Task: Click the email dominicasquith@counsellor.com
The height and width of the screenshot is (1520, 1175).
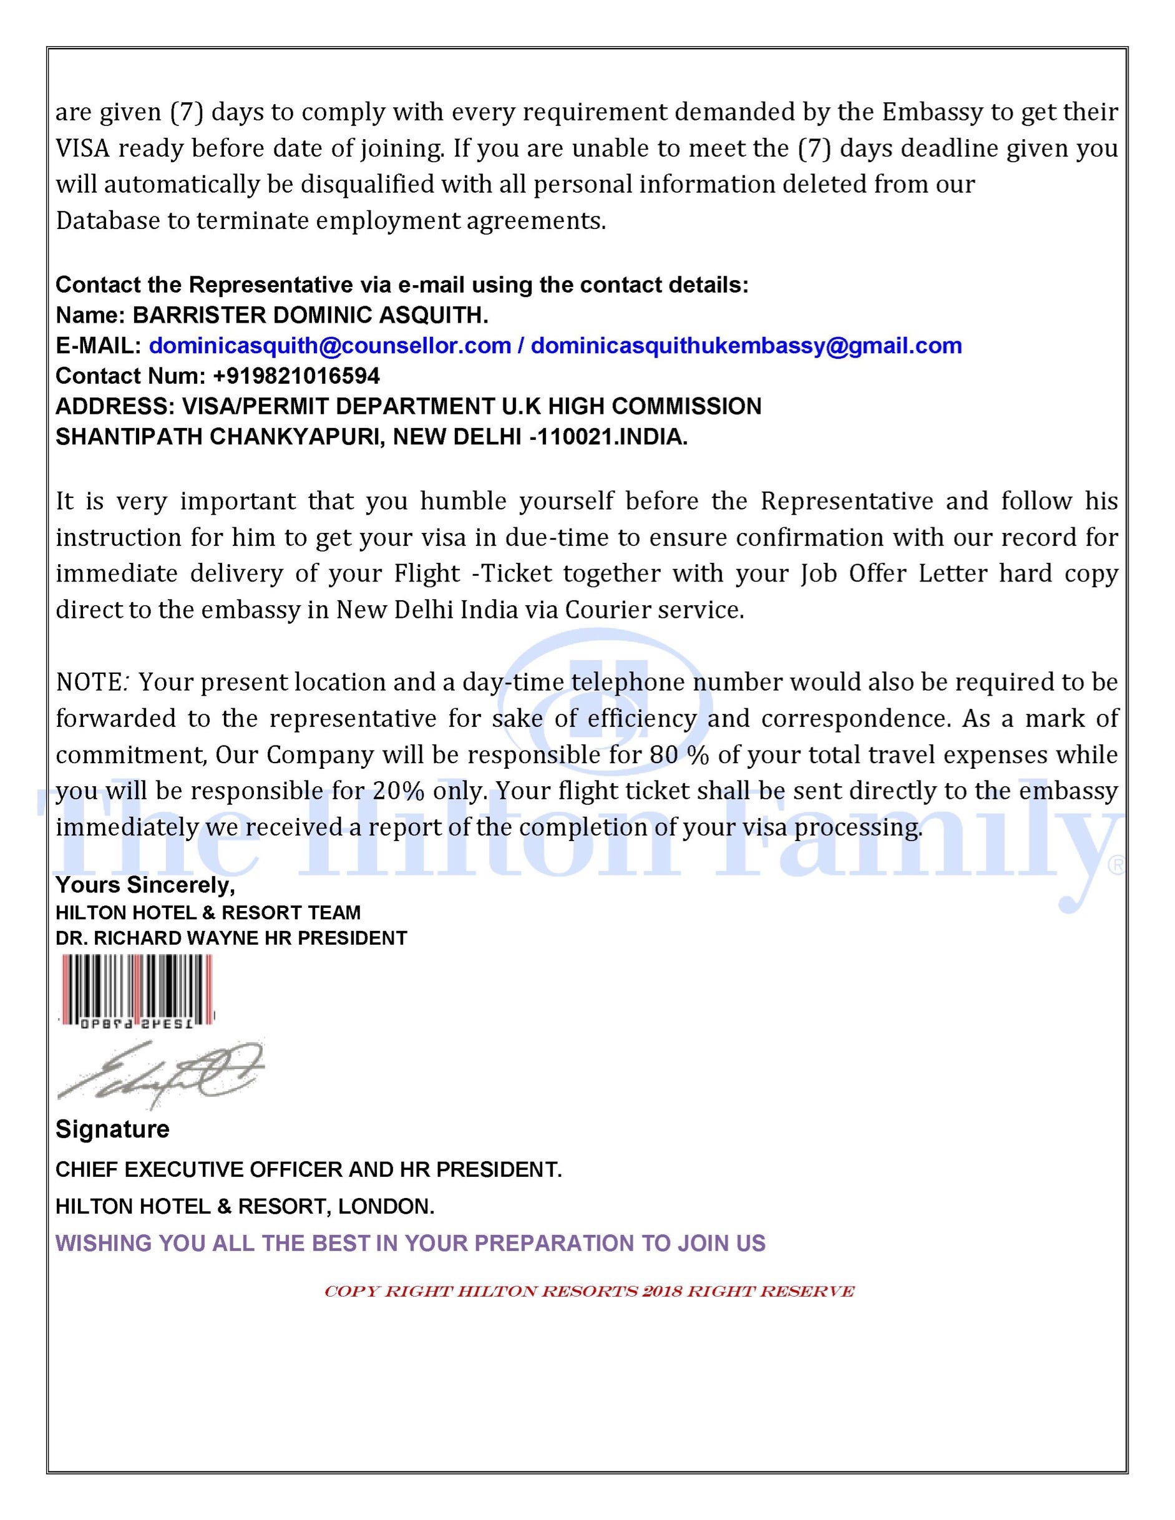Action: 330,346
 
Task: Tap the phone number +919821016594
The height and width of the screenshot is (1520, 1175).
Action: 296,376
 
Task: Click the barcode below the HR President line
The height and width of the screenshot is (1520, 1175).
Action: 137,989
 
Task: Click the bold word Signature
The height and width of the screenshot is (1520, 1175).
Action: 112,1129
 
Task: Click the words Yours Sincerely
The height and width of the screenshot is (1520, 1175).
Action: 145,885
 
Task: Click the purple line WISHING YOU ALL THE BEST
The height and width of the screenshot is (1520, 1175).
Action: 410,1243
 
